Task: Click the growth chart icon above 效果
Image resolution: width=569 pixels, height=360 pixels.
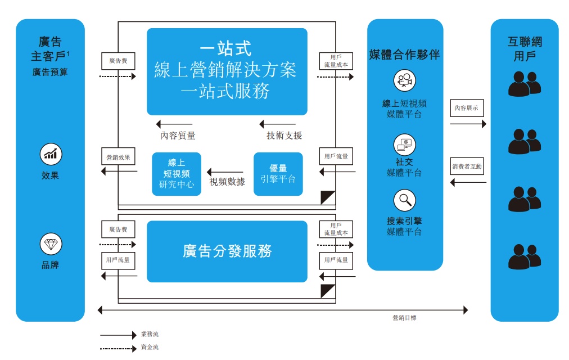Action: pyautogui.click(x=51, y=154)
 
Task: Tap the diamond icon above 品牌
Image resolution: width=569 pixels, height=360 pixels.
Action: pyautogui.click(x=51, y=244)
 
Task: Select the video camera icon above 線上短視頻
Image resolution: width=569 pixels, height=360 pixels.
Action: pyautogui.click(x=405, y=80)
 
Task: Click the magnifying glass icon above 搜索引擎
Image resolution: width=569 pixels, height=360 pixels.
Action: pyautogui.click(x=405, y=200)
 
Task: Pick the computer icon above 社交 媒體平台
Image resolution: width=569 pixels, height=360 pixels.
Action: pyautogui.click(x=405, y=145)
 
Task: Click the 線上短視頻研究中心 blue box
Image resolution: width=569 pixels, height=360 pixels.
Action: pyautogui.click(x=177, y=174)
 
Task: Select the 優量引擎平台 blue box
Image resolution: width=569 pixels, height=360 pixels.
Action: pyautogui.click(x=278, y=174)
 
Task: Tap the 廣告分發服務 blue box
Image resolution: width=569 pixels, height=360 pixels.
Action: pyautogui.click(x=227, y=251)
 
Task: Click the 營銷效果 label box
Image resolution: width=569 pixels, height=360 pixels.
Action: pyautogui.click(x=118, y=157)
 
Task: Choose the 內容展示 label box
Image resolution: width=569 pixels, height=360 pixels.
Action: pyautogui.click(x=467, y=108)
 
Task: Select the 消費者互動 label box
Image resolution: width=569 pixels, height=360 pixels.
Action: pyautogui.click(x=467, y=166)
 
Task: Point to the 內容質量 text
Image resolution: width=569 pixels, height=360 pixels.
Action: pyautogui.click(x=178, y=136)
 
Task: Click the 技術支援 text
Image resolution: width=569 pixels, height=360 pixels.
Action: pyautogui.click(x=284, y=136)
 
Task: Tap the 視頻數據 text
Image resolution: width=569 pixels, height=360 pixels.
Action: pyautogui.click(x=227, y=182)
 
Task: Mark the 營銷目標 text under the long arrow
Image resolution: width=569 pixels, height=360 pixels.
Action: pyautogui.click(x=405, y=318)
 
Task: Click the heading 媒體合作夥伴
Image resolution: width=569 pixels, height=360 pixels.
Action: pyautogui.click(x=405, y=55)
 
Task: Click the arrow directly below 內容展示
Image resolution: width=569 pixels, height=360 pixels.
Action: pyautogui.click(x=468, y=124)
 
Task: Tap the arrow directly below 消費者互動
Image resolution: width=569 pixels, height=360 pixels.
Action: pyautogui.click(x=468, y=182)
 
